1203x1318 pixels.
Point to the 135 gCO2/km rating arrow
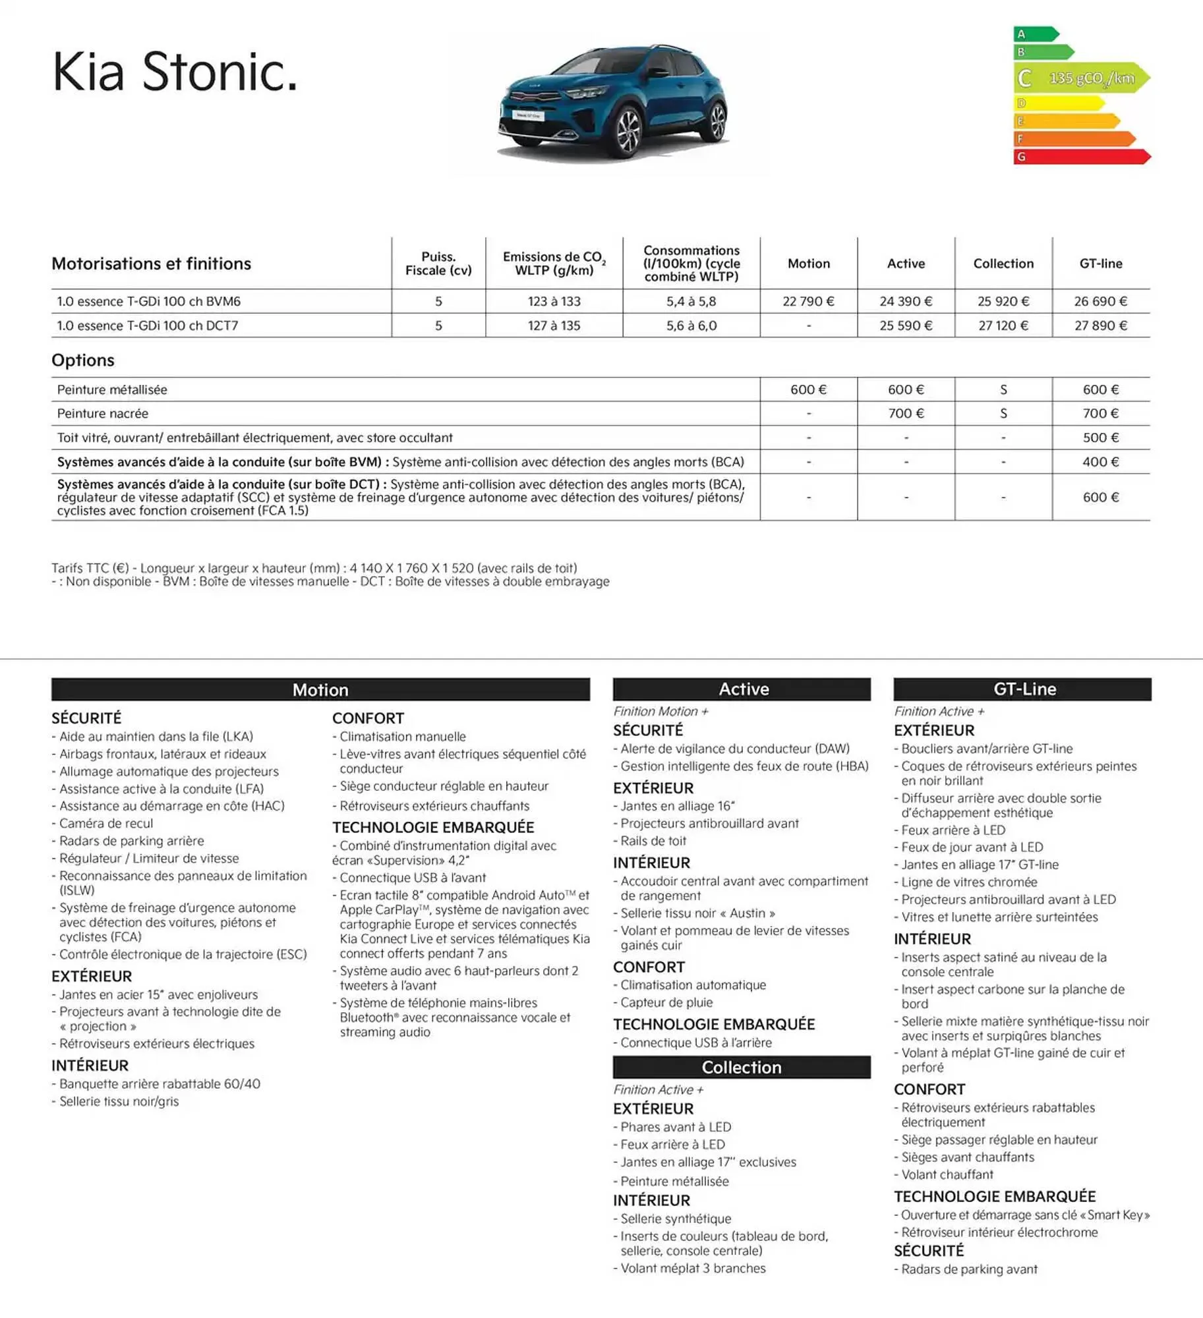tap(1081, 78)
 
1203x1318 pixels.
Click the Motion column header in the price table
tap(808, 264)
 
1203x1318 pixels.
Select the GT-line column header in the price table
tap(1100, 264)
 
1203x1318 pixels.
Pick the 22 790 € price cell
tap(808, 301)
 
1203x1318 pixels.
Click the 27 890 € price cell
tap(1100, 326)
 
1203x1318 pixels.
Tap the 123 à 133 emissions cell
tap(554, 301)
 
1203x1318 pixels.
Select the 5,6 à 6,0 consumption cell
tap(691, 326)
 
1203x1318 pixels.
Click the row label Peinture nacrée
tap(103, 413)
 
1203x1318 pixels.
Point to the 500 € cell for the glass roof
tap(1100, 438)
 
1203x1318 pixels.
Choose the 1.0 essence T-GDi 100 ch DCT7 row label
tap(148, 326)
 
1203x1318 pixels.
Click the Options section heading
tap(83, 360)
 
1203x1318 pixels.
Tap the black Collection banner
tap(741, 1067)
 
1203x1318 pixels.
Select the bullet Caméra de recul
tap(106, 823)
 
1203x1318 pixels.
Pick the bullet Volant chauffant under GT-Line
tap(947, 1174)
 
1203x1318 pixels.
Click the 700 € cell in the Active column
tap(906, 413)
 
